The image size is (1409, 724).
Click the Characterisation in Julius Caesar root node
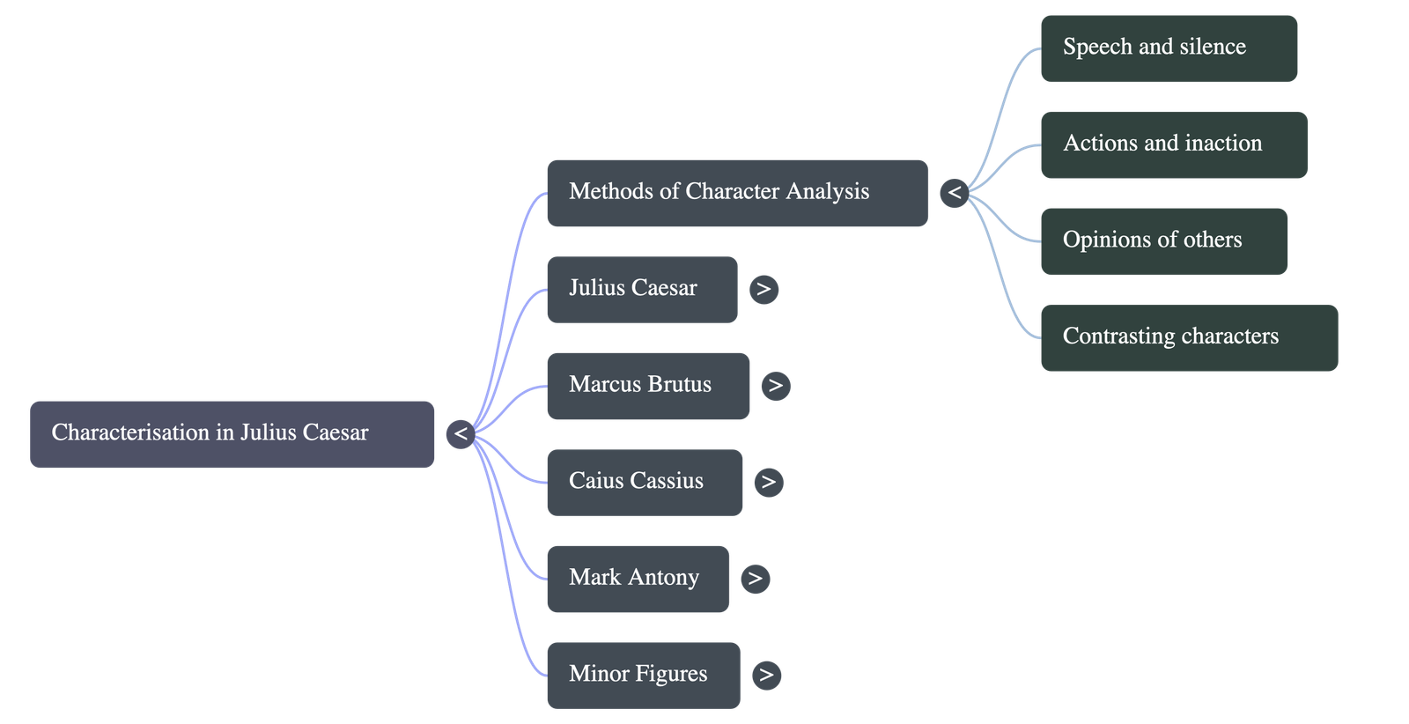click(x=232, y=433)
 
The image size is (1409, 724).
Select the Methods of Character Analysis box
click(x=736, y=192)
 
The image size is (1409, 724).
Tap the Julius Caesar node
click(x=641, y=289)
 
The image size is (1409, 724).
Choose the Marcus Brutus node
click(x=647, y=385)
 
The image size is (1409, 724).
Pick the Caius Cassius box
click(x=644, y=482)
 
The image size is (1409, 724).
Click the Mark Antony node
click(x=637, y=578)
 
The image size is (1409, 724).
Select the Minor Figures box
click(x=642, y=675)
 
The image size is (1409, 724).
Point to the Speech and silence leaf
click(x=1168, y=48)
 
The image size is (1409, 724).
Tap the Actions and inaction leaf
click(x=1173, y=144)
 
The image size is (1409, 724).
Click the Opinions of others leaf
click(x=1162, y=240)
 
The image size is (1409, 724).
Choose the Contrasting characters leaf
click(x=1188, y=337)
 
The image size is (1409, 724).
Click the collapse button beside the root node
click(x=461, y=434)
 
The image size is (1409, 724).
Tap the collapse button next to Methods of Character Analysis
click(x=955, y=192)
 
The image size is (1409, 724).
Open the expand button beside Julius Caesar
click(x=764, y=289)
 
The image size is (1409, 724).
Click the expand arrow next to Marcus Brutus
click(x=775, y=386)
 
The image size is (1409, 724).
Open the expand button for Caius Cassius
click(x=768, y=482)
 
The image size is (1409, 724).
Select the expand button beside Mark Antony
click(x=755, y=579)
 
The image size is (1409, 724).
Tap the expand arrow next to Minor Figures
click(x=766, y=675)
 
